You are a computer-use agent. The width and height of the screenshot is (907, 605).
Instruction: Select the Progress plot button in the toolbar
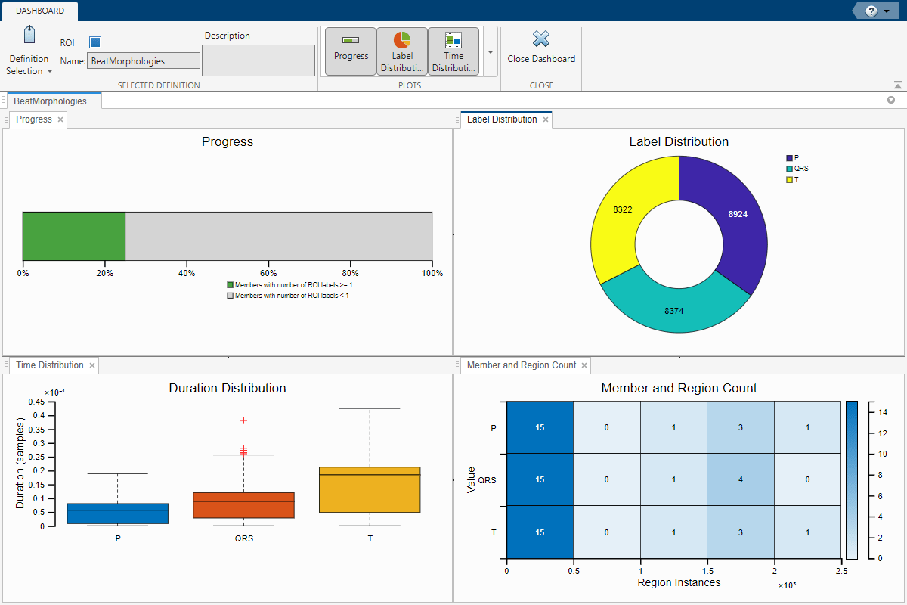click(x=351, y=51)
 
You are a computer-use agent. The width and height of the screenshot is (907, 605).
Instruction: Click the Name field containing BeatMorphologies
click(x=144, y=61)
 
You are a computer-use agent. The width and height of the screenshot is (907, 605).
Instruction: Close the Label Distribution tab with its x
click(x=546, y=119)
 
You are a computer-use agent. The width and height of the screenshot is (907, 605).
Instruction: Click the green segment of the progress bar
click(x=73, y=236)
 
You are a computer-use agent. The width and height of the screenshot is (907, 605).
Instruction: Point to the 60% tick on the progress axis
click(x=268, y=273)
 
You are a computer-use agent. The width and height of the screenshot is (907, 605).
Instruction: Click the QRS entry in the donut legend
click(x=801, y=169)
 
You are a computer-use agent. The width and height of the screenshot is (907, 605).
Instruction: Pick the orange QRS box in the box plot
click(x=243, y=505)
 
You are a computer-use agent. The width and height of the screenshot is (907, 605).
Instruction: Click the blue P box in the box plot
click(x=117, y=513)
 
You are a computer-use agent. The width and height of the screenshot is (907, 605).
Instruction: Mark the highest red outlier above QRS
click(x=243, y=420)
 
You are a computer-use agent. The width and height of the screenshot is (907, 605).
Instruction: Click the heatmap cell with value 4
click(x=740, y=479)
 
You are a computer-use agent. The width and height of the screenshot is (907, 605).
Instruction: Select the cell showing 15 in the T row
click(x=540, y=532)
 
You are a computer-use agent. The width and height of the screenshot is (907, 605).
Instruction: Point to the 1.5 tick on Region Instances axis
click(x=707, y=571)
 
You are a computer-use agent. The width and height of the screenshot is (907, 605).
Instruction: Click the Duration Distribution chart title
click(x=227, y=388)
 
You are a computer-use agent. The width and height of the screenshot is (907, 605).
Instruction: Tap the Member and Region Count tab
click(x=521, y=365)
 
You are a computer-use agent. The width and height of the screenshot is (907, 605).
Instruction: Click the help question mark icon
click(x=871, y=11)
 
